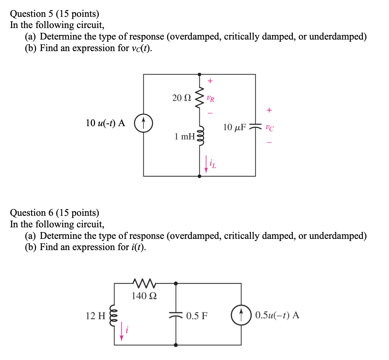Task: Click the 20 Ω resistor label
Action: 182,98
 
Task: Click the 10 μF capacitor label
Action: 234,127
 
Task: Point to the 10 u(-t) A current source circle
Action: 143,123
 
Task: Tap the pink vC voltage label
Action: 269,128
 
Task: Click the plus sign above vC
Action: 269,110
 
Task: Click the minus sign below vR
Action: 210,113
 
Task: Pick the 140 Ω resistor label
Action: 144,296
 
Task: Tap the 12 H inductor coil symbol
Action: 114,315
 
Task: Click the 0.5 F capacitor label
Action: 197,316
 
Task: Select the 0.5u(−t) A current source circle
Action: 241,315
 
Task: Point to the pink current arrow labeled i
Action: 122,332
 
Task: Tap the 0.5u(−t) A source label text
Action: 277,315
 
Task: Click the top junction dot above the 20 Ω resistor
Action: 199,74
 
